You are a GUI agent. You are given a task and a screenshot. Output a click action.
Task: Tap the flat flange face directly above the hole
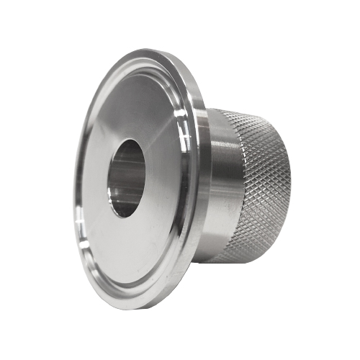[x=137, y=108]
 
